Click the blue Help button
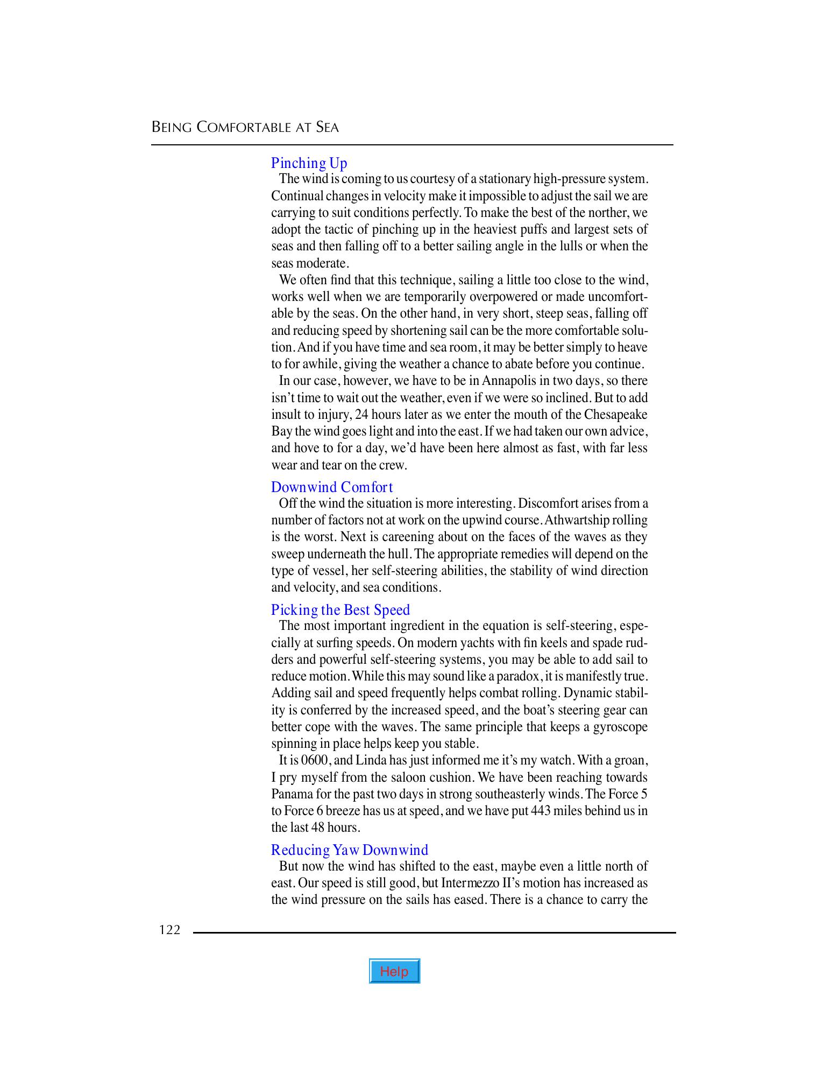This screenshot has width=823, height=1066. click(394, 971)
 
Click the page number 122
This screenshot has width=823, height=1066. click(169, 930)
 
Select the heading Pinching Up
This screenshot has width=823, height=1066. click(309, 163)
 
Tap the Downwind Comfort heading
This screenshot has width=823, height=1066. click(332, 487)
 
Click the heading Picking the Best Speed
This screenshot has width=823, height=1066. click(340, 610)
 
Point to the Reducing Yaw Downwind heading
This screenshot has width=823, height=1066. click(349, 850)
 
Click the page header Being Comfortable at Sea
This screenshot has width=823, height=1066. click(245, 128)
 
